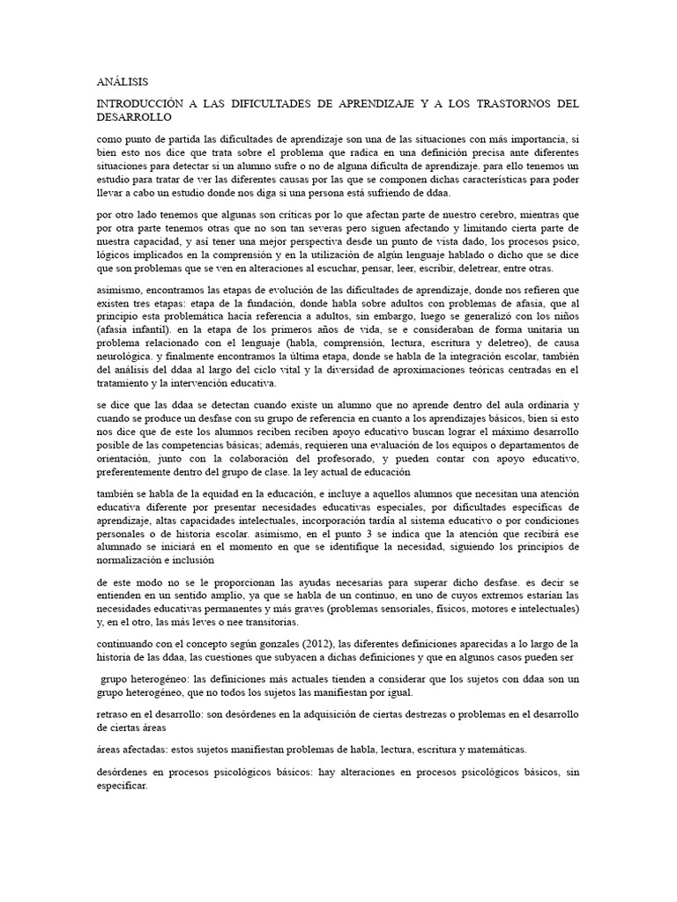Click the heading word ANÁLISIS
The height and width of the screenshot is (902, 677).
(x=123, y=81)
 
